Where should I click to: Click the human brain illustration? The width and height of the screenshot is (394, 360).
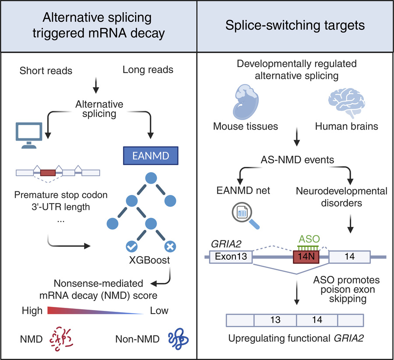point(346,100)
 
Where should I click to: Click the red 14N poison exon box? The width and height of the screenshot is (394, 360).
point(306,256)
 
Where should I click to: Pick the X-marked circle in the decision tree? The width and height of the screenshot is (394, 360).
point(170,247)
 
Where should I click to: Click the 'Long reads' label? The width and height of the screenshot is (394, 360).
point(148,70)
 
